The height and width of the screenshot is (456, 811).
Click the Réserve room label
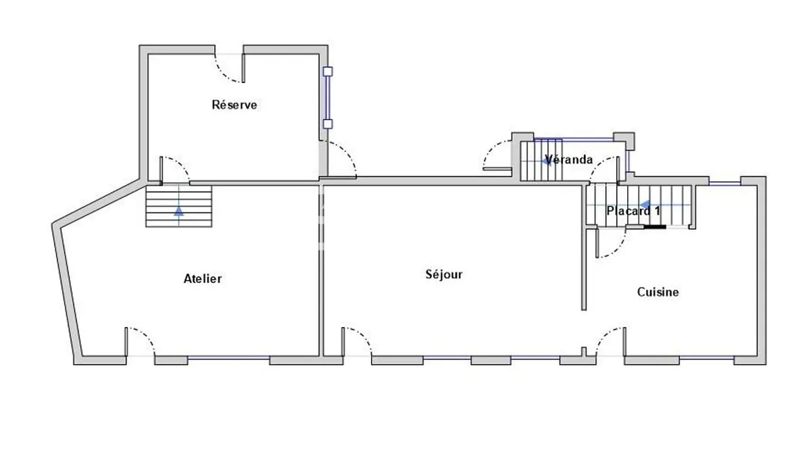(x=235, y=105)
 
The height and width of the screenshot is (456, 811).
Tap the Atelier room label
(x=203, y=278)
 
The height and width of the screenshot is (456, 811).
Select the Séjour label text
(x=444, y=274)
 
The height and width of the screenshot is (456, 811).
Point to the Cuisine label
(x=658, y=292)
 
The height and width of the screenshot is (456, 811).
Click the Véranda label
(x=569, y=159)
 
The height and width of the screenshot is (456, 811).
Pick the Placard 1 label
(x=633, y=211)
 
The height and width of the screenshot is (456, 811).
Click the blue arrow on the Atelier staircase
(x=178, y=211)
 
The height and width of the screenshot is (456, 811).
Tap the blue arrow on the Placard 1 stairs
(x=645, y=205)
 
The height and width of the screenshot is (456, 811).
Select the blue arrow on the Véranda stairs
(x=546, y=161)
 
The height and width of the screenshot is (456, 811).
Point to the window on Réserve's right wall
(x=328, y=98)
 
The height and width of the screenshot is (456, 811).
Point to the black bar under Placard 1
(x=655, y=227)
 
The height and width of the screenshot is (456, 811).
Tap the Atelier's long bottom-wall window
(x=228, y=358)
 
